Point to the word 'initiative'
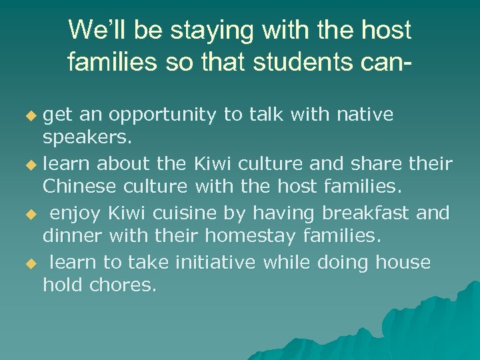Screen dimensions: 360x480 [x=215, y=262]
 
